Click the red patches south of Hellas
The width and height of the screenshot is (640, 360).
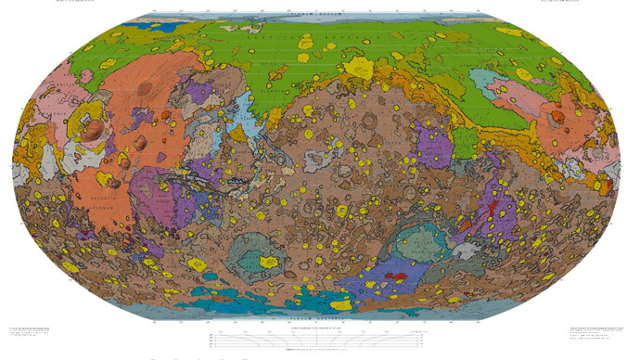click(395, 276)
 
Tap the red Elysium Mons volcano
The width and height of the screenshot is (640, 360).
click(558, 118)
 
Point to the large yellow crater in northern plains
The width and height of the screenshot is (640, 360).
click(354, 66)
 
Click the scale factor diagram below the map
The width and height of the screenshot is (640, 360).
click(319, 338)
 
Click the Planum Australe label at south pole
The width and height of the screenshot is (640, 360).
click(320, 318)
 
